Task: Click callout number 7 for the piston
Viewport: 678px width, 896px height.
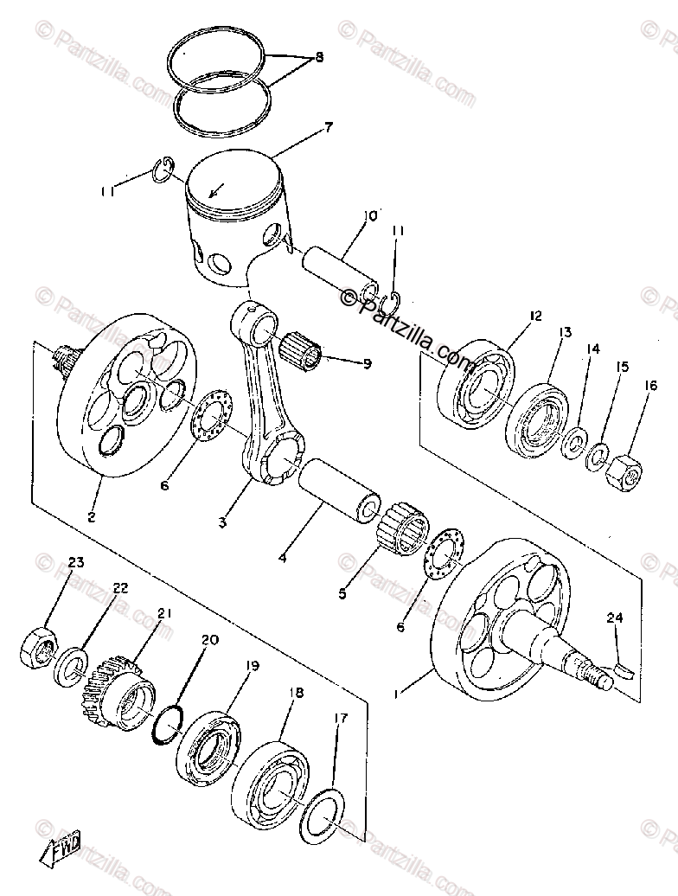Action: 328,129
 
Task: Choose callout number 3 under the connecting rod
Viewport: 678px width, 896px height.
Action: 222,523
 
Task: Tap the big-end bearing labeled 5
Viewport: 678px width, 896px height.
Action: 399,526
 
